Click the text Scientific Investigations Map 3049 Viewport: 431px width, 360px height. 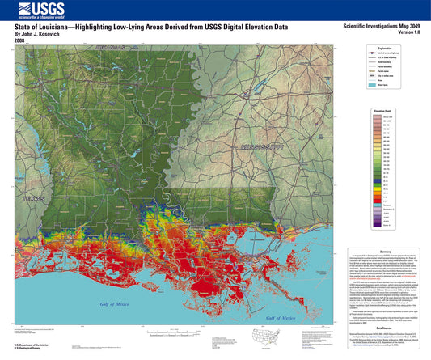[378, 27]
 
